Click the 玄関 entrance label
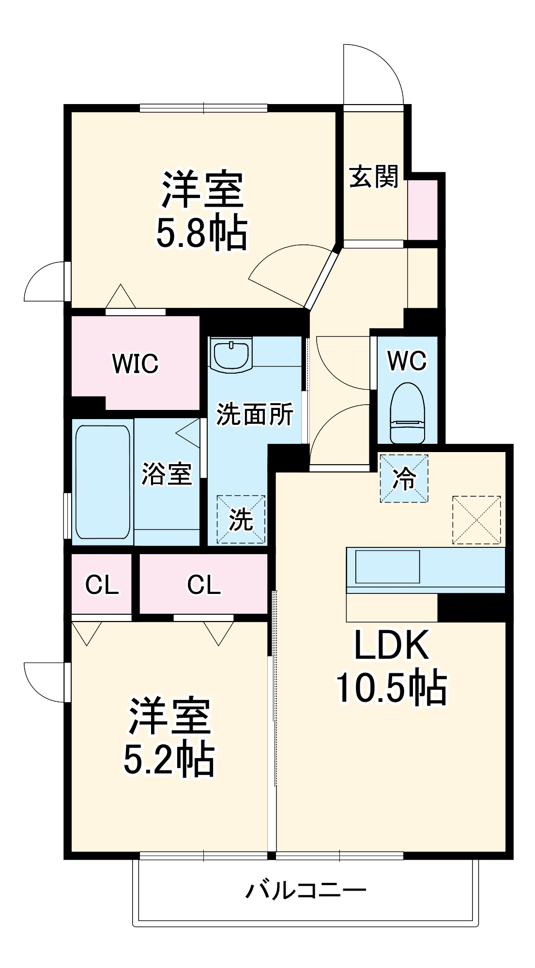[x=373, y=176]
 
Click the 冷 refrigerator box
[x=404, y=478]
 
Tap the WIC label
[x=135, y=363]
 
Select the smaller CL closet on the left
[x=102, y=585]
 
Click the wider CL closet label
[x=204, y=585]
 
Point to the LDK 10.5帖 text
[x=391, y=666]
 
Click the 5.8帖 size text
[x=201, y=232]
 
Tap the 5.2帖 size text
[x=169, y=759]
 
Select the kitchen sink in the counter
[x=387, y=566]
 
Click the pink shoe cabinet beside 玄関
[x=422, y=210]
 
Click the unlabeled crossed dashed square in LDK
[x=476, y=519]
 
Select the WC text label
[x=407, y=361]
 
